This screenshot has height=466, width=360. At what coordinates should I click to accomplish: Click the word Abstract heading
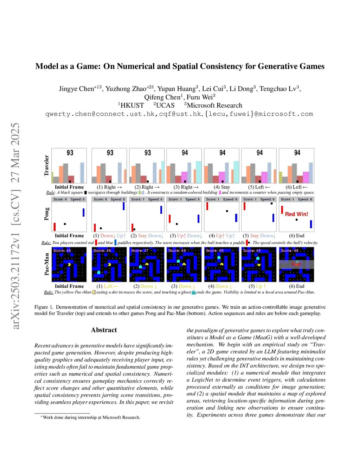(x=104, y=330)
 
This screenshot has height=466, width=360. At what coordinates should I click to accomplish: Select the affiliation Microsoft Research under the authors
(x=214, y=106)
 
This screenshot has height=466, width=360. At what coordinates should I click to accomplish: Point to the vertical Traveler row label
(x=46, y=165)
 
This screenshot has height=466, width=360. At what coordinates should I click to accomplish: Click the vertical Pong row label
(x=46, y=214)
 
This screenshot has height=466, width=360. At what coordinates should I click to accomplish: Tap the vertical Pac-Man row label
(x=46, y=264)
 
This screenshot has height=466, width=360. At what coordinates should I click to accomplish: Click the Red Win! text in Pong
(x=296, y=214)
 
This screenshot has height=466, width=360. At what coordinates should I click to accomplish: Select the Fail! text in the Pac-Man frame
(x=296, y=264)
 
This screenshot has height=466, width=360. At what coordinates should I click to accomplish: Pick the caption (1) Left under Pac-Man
(x=108, y=286)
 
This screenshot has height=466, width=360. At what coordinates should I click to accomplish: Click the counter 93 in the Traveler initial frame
(x=70, y=153)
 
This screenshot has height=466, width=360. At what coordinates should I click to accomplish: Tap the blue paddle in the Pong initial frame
(x=83, y=212)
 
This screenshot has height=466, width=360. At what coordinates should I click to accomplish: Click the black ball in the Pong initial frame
(x=65, y=224)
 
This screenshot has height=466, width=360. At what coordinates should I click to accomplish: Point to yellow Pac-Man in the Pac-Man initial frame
(x=69, y=264)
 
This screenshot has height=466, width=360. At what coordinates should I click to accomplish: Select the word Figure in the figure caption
(x=41, y=307)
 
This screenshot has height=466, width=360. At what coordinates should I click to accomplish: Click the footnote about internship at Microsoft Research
(x=91, y=417)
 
